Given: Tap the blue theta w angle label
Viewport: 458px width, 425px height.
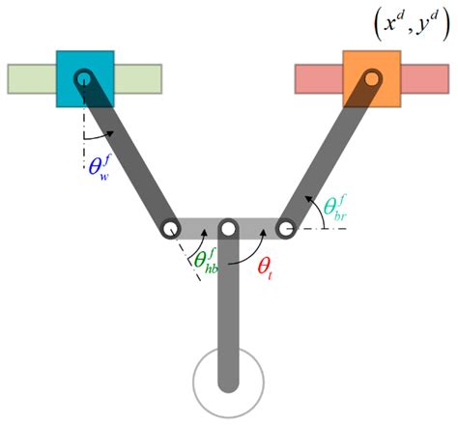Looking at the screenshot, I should pos(100,169).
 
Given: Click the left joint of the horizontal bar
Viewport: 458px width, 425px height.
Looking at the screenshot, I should pos(171,229).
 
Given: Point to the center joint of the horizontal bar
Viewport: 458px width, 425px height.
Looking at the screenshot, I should pos(228,229).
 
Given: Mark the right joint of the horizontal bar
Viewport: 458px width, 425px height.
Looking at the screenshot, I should pos(285,229).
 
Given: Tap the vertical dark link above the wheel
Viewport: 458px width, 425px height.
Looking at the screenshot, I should pos(228,309).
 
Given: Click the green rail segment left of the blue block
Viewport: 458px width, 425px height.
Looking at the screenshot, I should pos(31,78).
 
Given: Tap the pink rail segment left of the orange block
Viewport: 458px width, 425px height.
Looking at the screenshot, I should pos(318,78).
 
